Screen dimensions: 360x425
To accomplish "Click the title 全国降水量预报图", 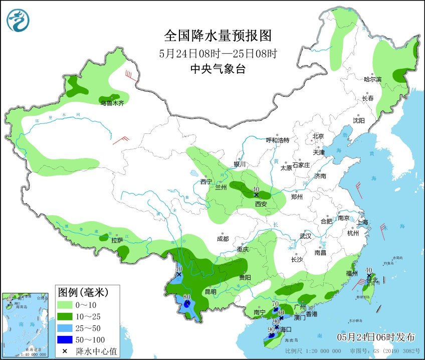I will pyautogui.click(x=218, y=36).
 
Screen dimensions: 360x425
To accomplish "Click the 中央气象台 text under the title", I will pyautogui.click(x=218, y=70).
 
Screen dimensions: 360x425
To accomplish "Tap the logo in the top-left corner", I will pyautogui.click(x=18, y=21).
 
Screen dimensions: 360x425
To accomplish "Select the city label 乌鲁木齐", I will pyautogui.click(x=111, y=103).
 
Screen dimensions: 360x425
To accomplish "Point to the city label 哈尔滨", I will pyautogui.click(x=372, y=79).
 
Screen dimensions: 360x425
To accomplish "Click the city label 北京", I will pyautogui.click(x=318, y=136).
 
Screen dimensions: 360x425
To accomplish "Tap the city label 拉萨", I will pyautogui.click(x=117, y=240).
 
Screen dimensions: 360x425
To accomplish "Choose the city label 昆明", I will pyautogui.click(x=210, y=291).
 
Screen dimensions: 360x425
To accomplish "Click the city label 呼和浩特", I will pyautogui.click(x=277, y=140).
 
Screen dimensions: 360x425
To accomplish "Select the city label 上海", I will pyautogui.click(x=362, y=222).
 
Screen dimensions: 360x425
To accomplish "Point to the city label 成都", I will pyautogui.click(x=223, y=239).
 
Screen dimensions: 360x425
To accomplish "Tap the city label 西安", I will pyautogui.click(x=261, y=204).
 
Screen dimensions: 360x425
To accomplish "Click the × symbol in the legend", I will pyautogui.click(x=65, y=351).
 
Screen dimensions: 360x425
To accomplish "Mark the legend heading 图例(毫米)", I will pyautogui.click(x=82, y=291).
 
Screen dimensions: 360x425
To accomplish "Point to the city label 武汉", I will pyautogui.click(x=305, y=236).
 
